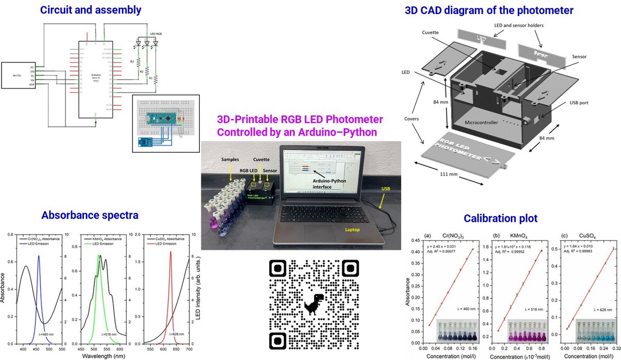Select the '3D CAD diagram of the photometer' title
point(489,9)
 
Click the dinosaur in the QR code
point(314,305)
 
